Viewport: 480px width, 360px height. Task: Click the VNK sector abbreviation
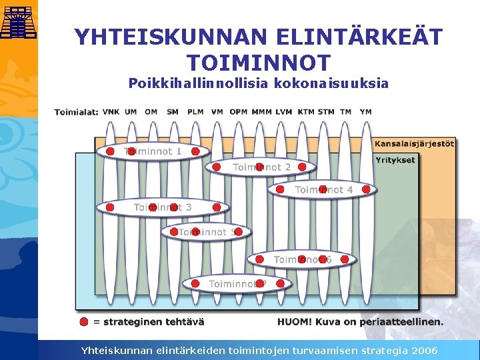coord(111,112)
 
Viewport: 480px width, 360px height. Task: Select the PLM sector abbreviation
coord(195,112)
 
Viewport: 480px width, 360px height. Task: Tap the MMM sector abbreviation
coord(261,112)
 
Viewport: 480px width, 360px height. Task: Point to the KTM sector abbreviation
coord(306,112)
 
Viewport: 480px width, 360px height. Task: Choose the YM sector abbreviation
coord(365,112)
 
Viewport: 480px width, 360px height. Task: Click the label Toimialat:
coord(76,112)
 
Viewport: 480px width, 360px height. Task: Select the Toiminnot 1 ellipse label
coord(153,151)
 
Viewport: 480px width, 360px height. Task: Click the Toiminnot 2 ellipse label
coord(261,167)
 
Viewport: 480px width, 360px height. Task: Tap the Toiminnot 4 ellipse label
coord(324,190)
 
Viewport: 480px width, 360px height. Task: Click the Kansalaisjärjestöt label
coord(415,143)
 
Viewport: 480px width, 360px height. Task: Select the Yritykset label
coord(395,160)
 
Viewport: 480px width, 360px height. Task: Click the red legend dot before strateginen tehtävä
coord(83,321)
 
